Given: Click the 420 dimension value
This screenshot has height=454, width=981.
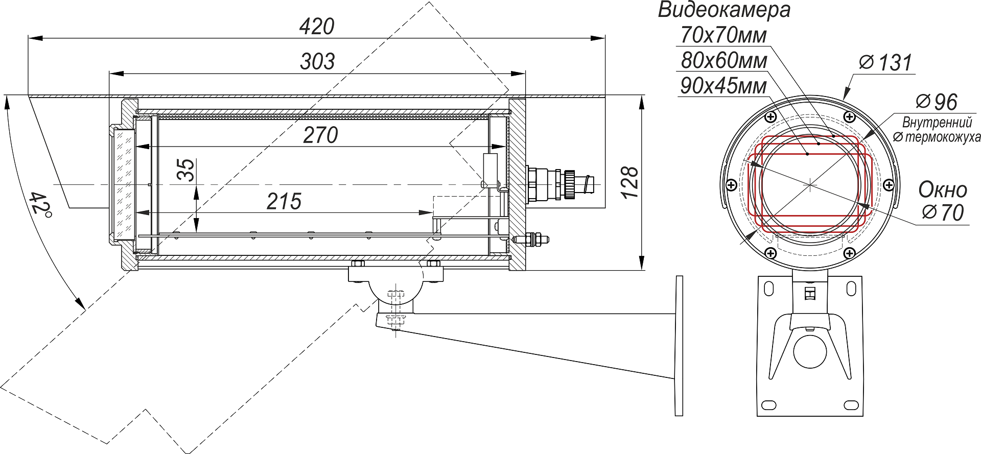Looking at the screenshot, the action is pos(317,27).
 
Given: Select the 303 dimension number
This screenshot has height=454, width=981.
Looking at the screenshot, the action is pos(317,61).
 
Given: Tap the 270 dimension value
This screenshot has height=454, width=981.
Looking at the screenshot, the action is pos(320,135).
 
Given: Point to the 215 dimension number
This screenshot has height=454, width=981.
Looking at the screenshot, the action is pos(284,202).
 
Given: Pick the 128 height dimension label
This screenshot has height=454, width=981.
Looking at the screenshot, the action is pos(631,182).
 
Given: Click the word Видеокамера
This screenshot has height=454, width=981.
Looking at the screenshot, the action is pos(724,10).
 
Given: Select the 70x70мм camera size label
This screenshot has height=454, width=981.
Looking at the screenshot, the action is pos(723,35).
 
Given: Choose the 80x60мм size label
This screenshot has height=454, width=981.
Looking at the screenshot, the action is pos(724,61).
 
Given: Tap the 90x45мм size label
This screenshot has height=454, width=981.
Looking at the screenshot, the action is pos(723,86).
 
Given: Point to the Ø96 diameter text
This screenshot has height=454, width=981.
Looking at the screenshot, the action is pos(937,102).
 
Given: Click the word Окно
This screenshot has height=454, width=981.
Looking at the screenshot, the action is pos(943,190).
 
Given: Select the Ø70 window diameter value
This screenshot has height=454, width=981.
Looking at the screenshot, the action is pos(943,212).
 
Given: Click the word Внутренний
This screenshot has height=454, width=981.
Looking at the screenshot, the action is pos(937,123).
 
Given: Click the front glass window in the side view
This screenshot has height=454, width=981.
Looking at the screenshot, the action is pos(123,184).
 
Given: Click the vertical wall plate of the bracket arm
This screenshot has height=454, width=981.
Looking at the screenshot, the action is pos(679,346).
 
